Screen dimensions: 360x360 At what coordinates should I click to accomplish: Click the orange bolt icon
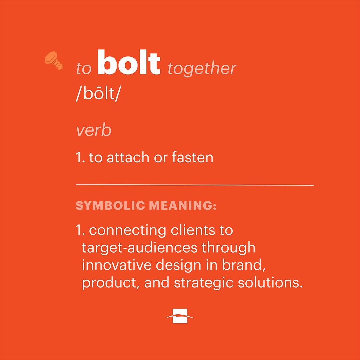click(54, 61)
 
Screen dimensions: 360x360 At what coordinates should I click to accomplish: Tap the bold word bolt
click(129, 63)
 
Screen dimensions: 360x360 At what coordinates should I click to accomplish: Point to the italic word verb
click(94, 131)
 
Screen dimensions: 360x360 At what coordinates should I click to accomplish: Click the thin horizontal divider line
click(195, 184)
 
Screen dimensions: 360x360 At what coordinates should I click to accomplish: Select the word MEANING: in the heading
click(183, 206)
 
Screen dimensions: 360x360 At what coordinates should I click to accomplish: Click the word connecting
click(127, 231)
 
